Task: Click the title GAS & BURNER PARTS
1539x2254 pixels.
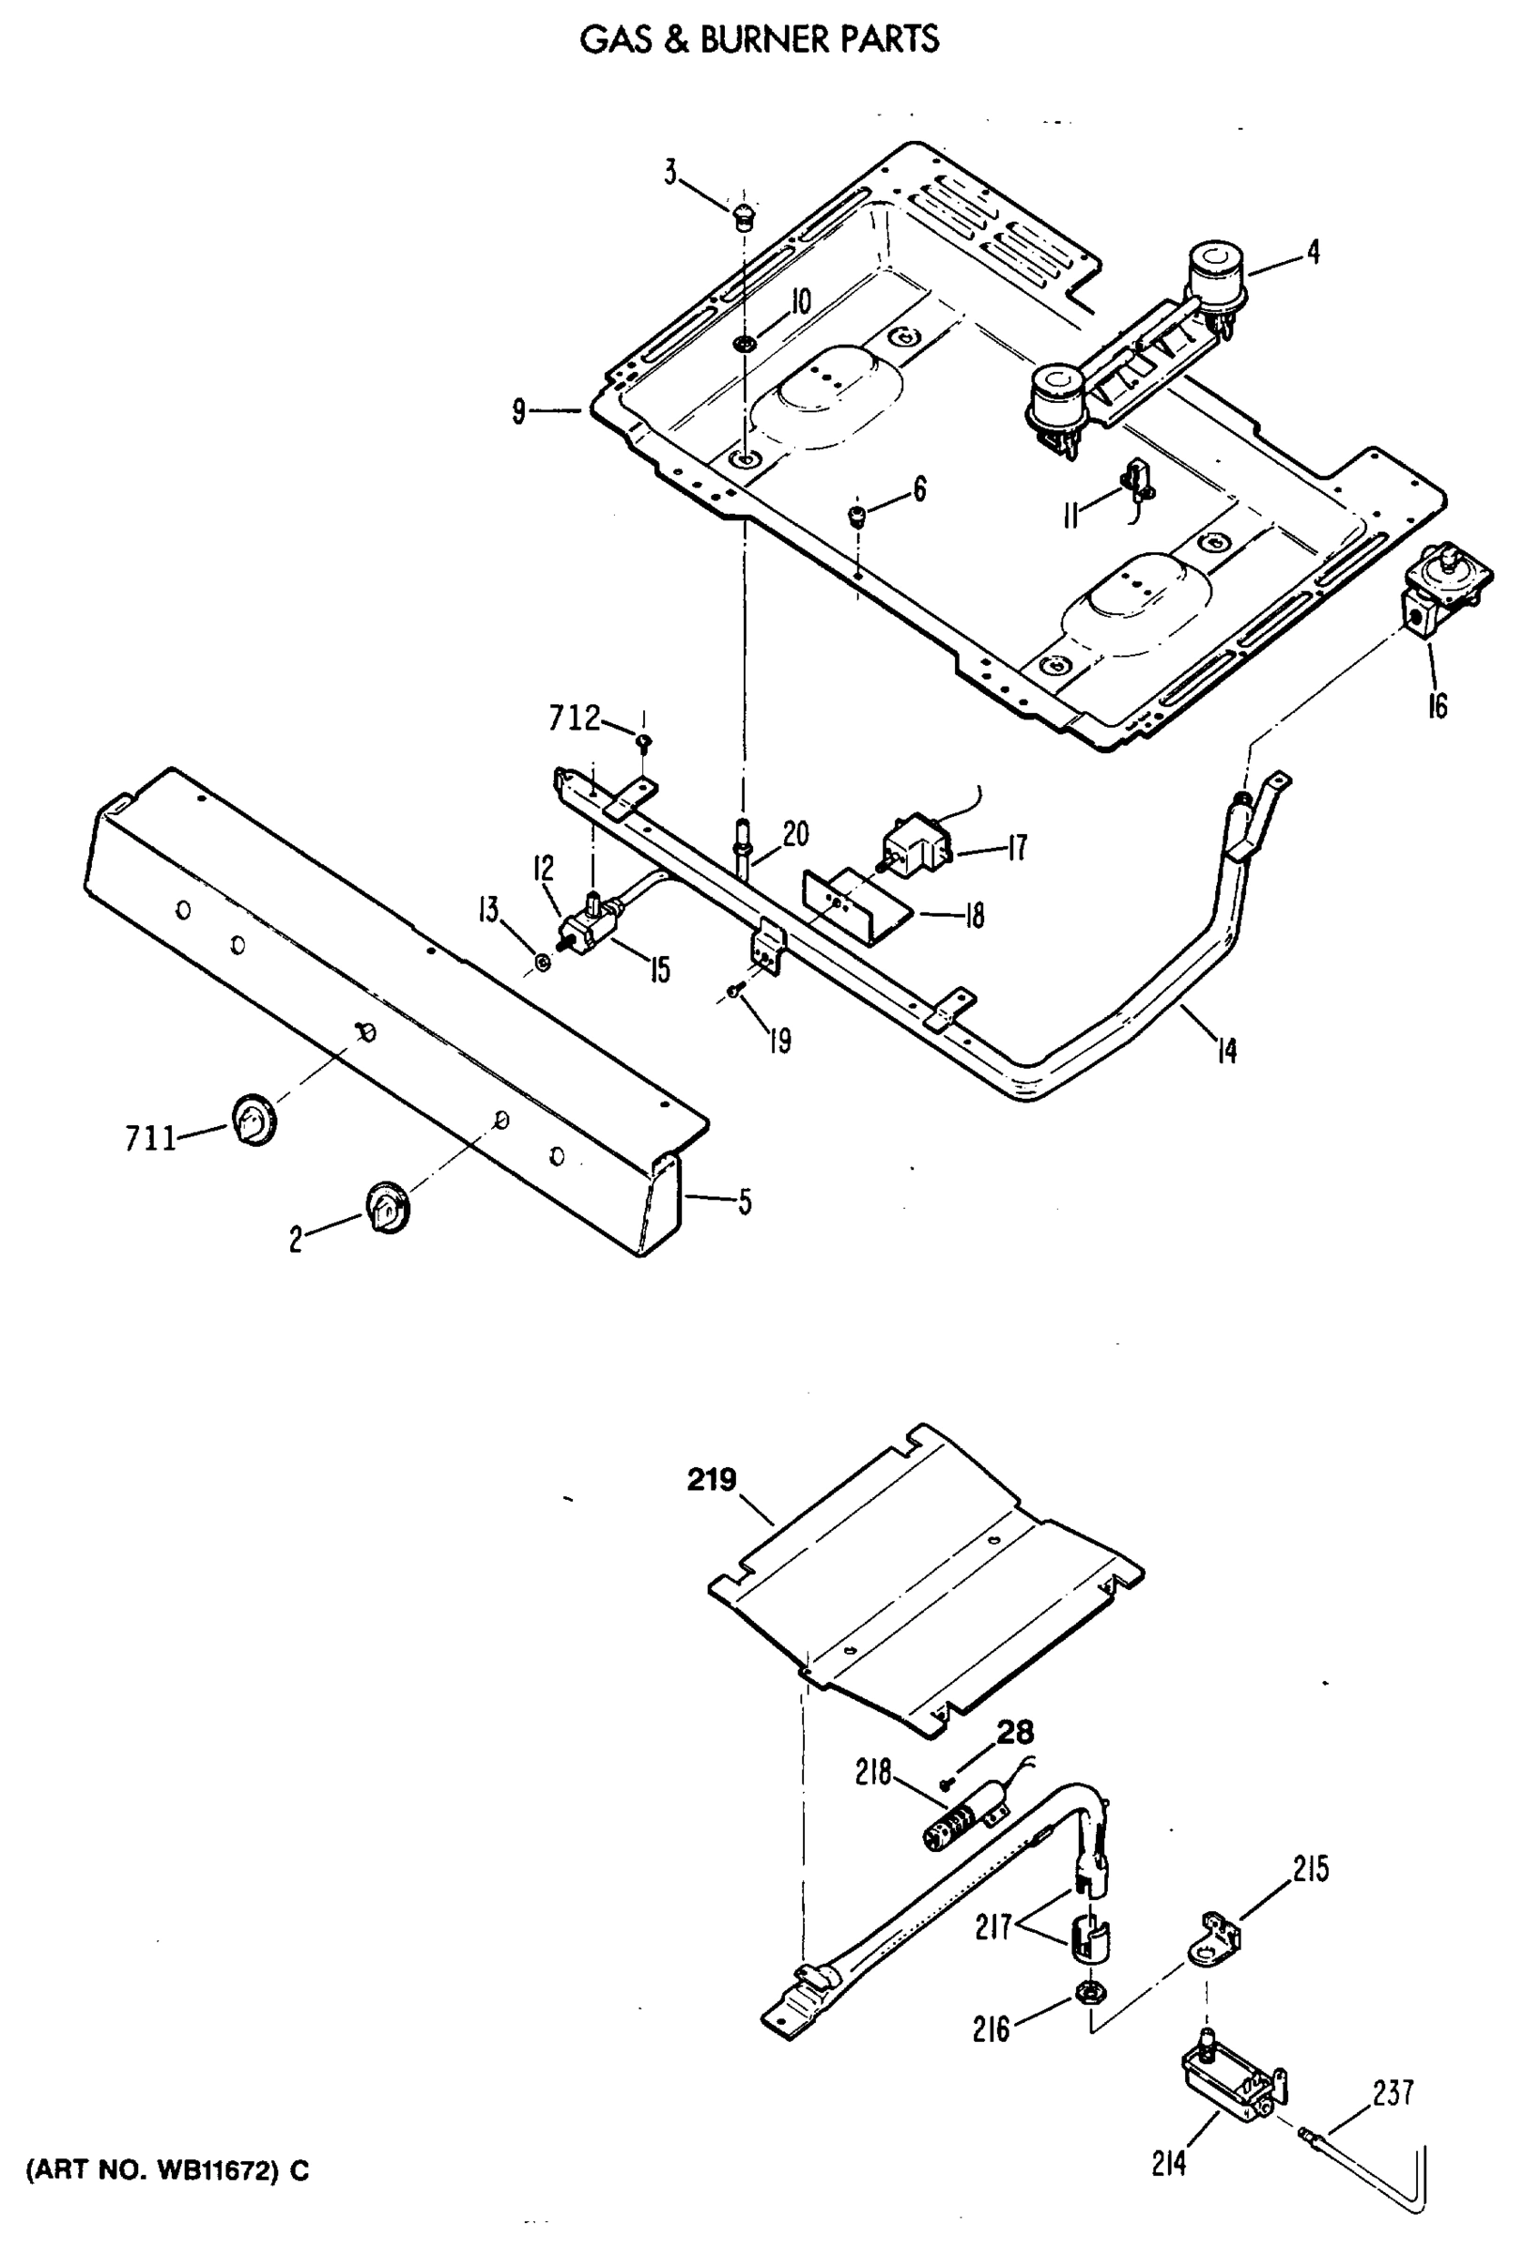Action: click(760, 39)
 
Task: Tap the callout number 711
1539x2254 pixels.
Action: click(150, 1138)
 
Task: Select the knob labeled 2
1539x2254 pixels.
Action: click(387, 1209)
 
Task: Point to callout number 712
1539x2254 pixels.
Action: click(574, 718)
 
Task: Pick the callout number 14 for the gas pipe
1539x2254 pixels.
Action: click(1226, 1051)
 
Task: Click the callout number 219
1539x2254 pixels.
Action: click(712, 1481)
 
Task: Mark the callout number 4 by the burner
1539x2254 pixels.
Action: click(1312, 254)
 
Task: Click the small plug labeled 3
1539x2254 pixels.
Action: click(743, 214)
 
